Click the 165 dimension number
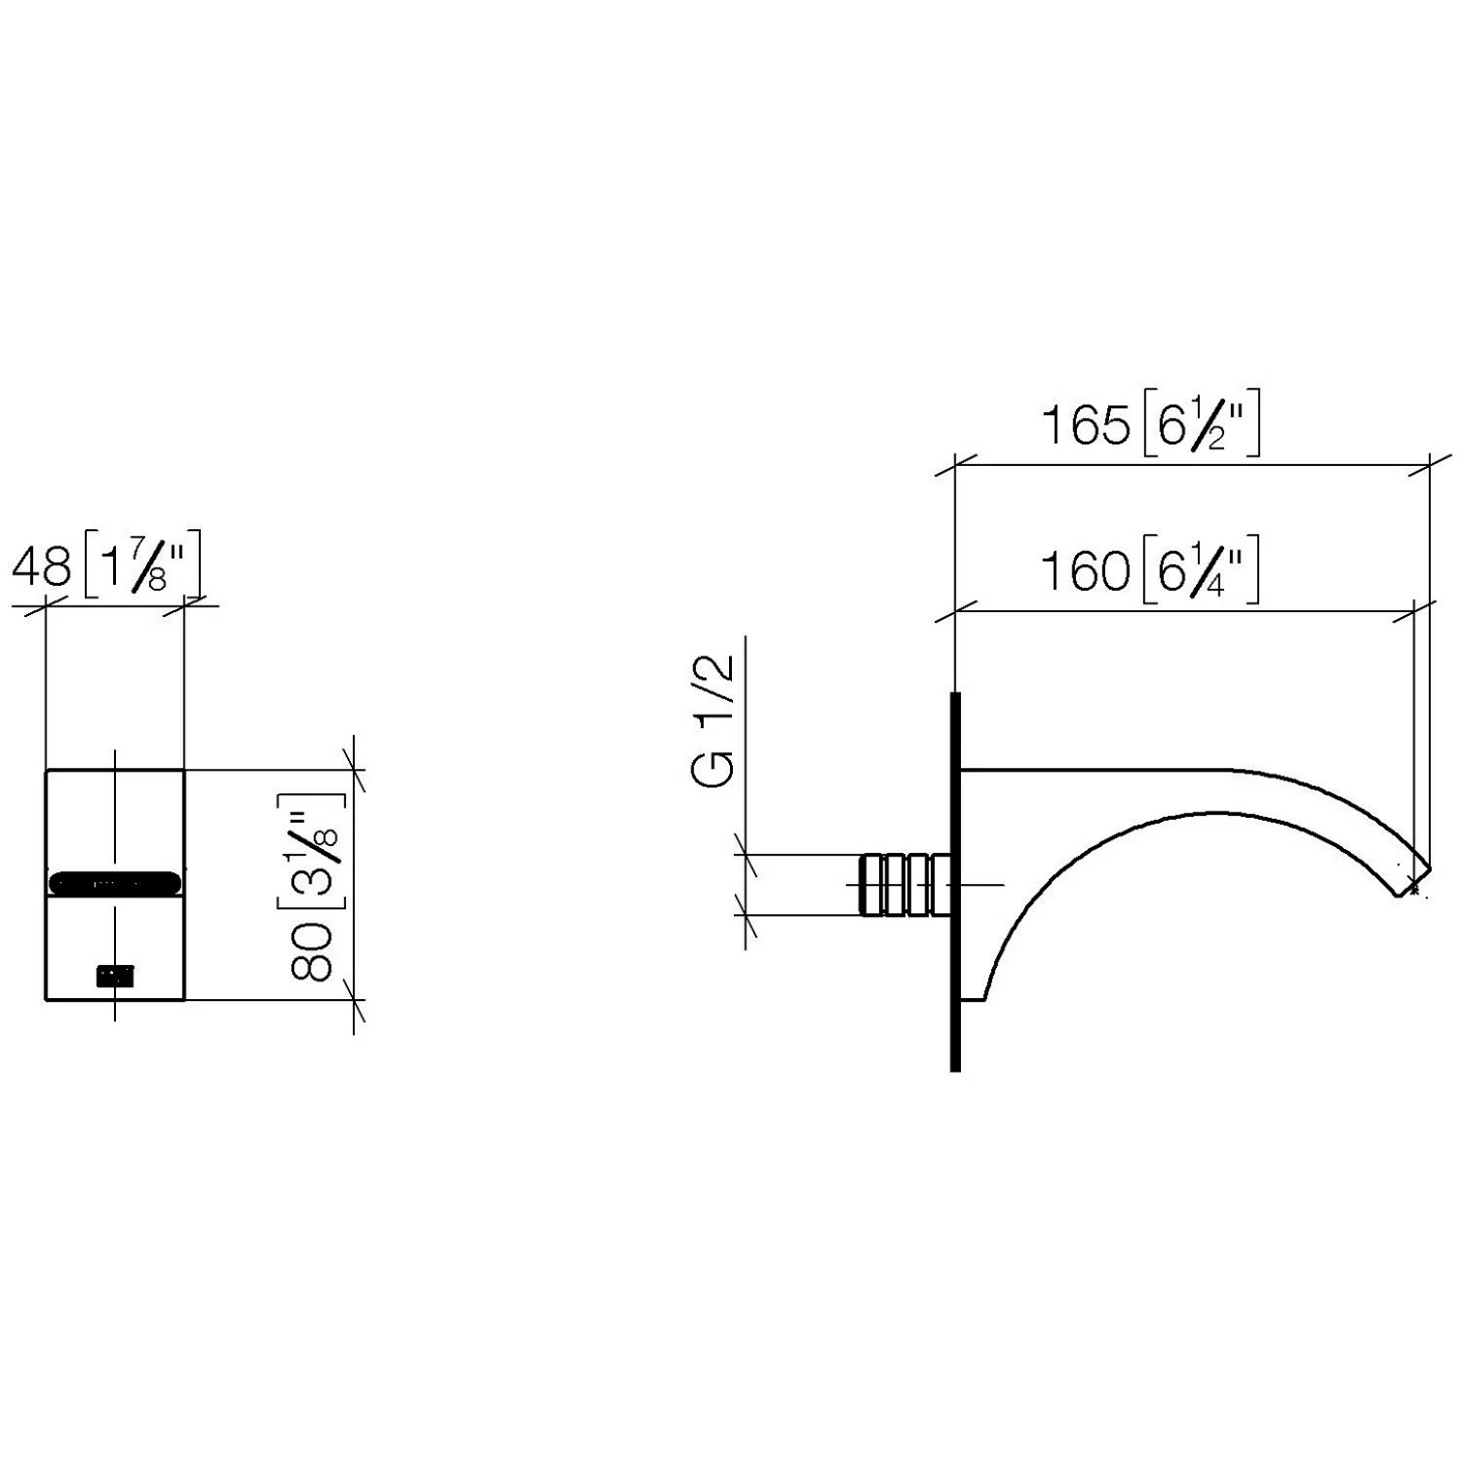pos(1086,426)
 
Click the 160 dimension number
pos(1086,570)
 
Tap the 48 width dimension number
pos(42,565)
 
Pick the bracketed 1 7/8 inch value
pos(142,564)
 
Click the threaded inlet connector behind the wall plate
pos(905,884)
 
